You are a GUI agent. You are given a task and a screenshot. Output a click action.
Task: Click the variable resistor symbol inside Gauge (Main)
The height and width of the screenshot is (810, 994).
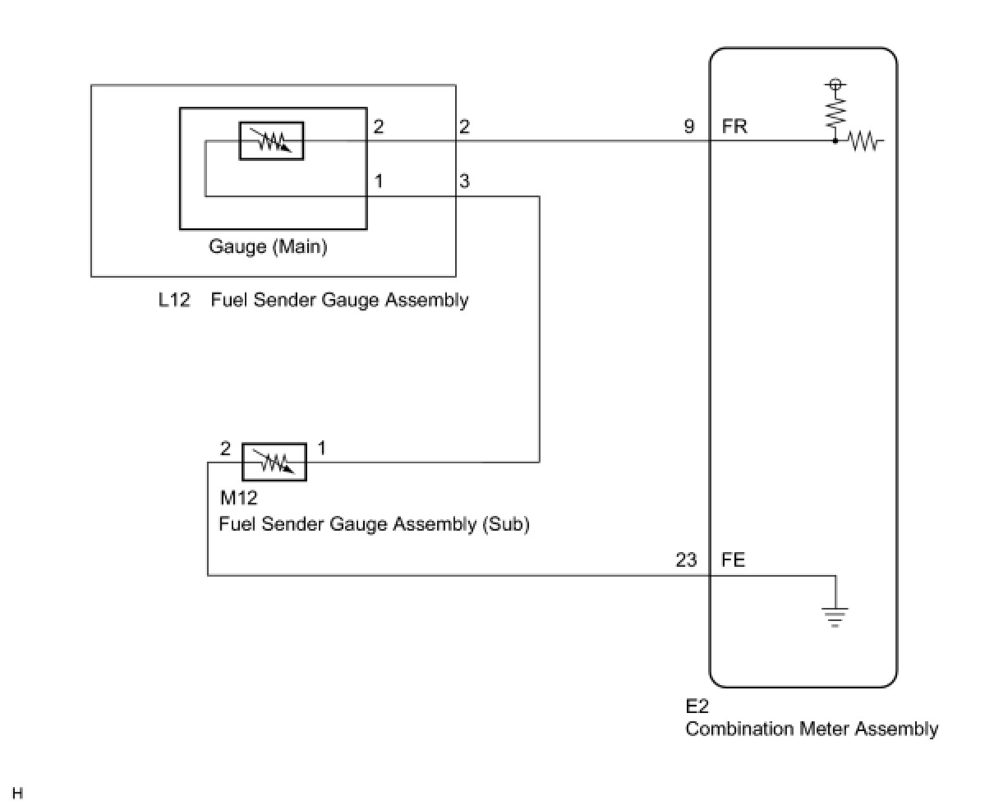tap(271, 140)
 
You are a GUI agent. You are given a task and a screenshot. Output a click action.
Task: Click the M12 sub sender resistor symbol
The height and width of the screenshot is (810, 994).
tap(274, 462)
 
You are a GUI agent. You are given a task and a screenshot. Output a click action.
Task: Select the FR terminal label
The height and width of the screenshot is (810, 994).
tap(734, 127)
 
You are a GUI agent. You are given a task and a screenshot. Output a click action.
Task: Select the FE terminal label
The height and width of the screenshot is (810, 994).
tap(734, 560)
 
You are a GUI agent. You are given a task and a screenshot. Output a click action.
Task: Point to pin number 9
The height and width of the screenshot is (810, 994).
tap(689, 127)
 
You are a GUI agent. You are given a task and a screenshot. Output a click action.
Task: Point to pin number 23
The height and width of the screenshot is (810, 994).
tap(686, 560)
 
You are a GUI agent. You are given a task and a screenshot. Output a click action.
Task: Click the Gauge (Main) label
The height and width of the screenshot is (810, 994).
tap(268, 246)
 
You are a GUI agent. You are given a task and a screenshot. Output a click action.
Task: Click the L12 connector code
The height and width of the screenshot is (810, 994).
tap(174, 300)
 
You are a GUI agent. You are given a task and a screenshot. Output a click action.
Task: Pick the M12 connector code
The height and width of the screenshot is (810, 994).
tap(239, 499)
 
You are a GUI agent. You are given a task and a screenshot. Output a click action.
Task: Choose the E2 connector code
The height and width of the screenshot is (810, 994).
tap(697, 706)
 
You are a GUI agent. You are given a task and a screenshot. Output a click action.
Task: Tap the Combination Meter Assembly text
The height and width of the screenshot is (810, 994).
tap(812, 729)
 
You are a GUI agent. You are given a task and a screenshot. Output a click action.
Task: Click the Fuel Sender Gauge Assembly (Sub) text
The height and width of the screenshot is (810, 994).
tap(374, 523)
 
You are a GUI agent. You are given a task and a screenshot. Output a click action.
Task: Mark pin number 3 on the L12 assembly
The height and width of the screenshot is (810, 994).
tap(464, 181)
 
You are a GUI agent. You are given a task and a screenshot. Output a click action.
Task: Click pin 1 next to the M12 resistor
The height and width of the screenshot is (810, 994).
tap(321, 449)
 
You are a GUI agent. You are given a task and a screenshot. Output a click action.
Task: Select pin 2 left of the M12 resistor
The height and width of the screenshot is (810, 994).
tap(226, 449)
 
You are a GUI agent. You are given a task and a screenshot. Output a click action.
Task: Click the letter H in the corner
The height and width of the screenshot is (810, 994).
tap(17, 794)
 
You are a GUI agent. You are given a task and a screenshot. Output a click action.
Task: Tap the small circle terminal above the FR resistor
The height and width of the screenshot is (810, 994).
tap(835, 84)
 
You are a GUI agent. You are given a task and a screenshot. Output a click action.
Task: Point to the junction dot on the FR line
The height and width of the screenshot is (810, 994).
tap(835, 141)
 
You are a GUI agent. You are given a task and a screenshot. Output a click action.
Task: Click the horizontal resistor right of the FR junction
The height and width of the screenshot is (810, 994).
tap(864, 142)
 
